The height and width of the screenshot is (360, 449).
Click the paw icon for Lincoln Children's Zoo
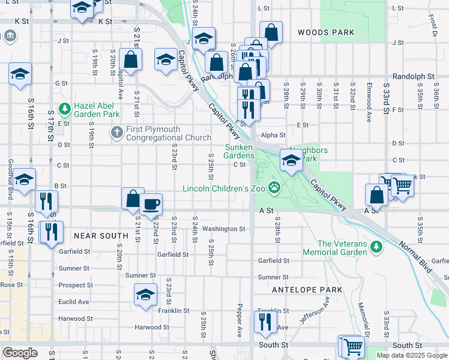click(x=275, y=188)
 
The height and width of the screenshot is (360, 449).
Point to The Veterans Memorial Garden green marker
click(x=376, y=246)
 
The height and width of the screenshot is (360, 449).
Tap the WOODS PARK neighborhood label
click(x=320, y=31)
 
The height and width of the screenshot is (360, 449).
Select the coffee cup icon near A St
click(x=151, y=203)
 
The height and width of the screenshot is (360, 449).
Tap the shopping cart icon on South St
click(x=353, y=346)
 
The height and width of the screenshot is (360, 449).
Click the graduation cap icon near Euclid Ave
click(x=145, y=295)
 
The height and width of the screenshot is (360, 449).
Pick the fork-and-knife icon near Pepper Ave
click(x=263, y=323)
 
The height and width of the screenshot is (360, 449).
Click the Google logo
click(x=20, y=353)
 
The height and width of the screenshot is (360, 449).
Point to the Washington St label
click(x=223, y=229)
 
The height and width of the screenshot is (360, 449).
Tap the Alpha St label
click(x=273, y=136)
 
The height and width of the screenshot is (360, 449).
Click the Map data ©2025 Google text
click(x=411, y=355)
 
